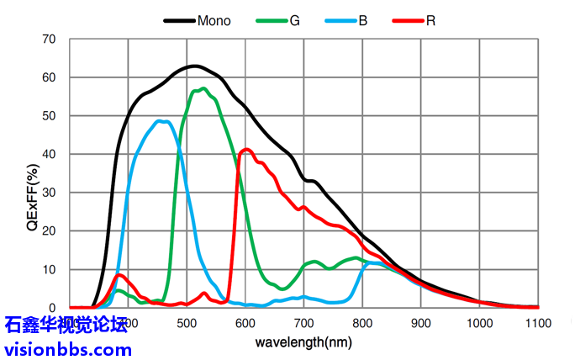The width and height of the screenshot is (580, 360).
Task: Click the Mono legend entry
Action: pos(214,19)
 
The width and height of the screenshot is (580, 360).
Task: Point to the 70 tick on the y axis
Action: pos(49,40)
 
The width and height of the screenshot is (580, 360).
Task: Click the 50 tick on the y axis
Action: pos(49,116)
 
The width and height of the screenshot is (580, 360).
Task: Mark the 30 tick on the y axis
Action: pos(49,193)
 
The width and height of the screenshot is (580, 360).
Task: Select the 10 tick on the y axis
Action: pos(49,269)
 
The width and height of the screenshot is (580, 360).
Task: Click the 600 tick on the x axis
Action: pos(245,323)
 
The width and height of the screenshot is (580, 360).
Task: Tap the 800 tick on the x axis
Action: pos(362,323)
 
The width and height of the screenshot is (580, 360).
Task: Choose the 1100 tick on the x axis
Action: pos(538,323)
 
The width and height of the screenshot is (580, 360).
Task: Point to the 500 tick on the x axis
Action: pos(187,323)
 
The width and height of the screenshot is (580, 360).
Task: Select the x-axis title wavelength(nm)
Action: pos(303,343)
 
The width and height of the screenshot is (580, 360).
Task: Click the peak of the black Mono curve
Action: pos(194,66)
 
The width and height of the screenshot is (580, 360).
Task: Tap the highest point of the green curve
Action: pos(203,88)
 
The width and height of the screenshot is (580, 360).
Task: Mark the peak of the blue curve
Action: pos(161,121)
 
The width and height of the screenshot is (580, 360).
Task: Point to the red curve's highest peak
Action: pos(246,150)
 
